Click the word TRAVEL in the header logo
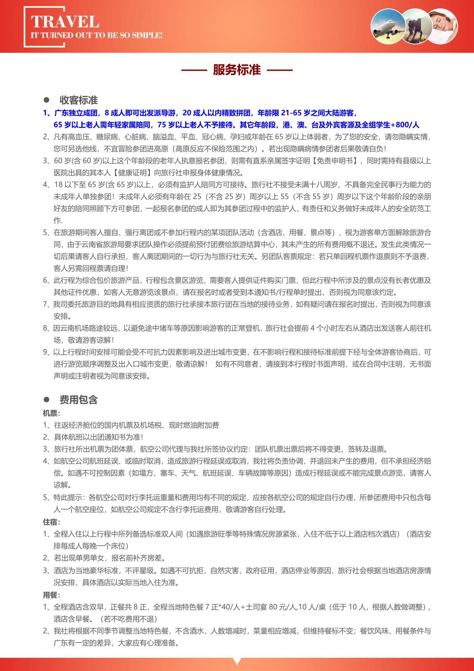65,22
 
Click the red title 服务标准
237,70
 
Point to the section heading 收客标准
79,100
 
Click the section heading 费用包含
79,400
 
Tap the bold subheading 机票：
51,413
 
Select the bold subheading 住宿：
51,522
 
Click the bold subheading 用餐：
51,595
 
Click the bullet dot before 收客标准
46,100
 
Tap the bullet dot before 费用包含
46,400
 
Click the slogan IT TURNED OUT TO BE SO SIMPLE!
97,35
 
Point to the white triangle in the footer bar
237,662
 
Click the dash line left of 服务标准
194,70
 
